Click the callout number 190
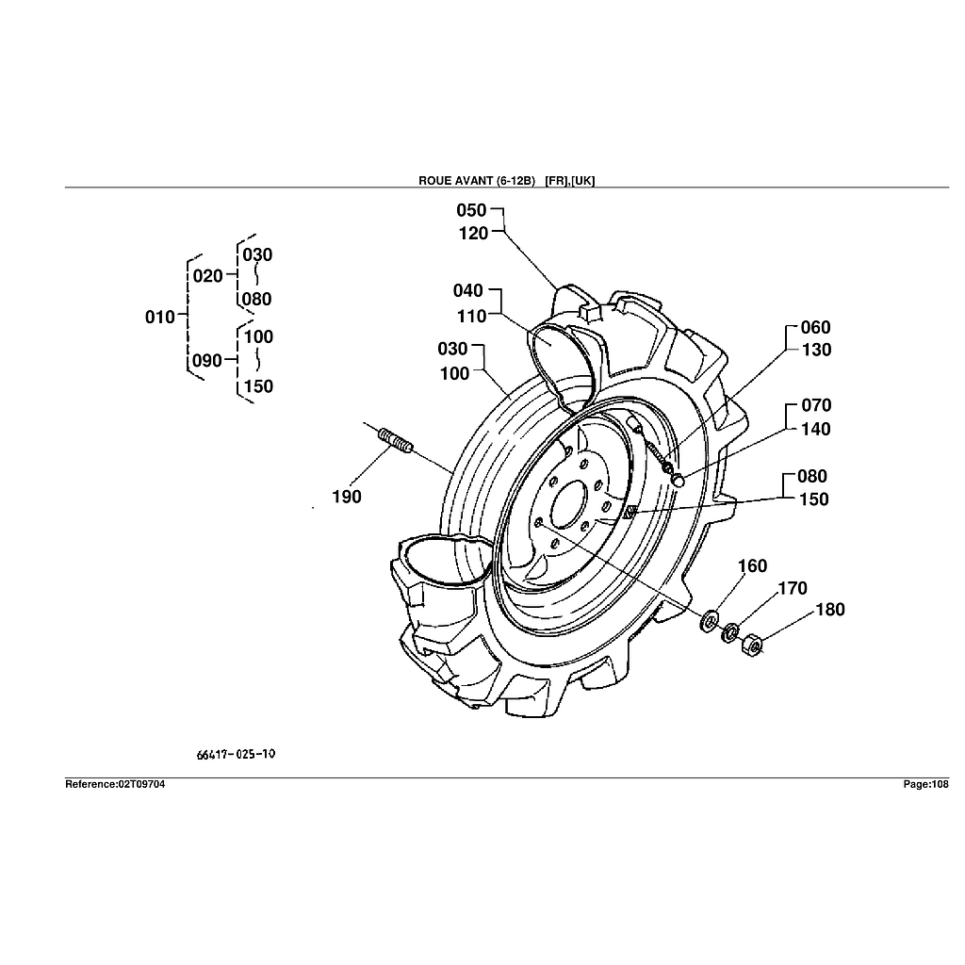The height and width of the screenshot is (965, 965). tap(347, 497)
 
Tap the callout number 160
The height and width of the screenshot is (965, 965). tap(752, 566)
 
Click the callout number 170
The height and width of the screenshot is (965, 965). tap(792, 589)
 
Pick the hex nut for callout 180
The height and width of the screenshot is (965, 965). tap(751, 646)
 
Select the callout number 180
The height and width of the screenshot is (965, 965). tap(829, 610)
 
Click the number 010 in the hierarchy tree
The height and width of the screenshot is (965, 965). tap(160, 318)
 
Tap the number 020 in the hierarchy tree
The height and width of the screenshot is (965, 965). tap(207, 276)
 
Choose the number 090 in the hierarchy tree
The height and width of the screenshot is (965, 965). tap(207, 361)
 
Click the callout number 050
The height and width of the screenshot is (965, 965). tap(471, 210)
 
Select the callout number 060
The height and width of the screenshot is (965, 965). tap(815, 328)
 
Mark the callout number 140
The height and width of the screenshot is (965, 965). tap(815, 430)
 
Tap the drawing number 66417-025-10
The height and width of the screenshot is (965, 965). tap(237, 755)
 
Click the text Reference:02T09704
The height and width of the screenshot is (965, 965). tap(115, 784)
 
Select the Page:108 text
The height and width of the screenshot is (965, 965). tap(925, 784)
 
